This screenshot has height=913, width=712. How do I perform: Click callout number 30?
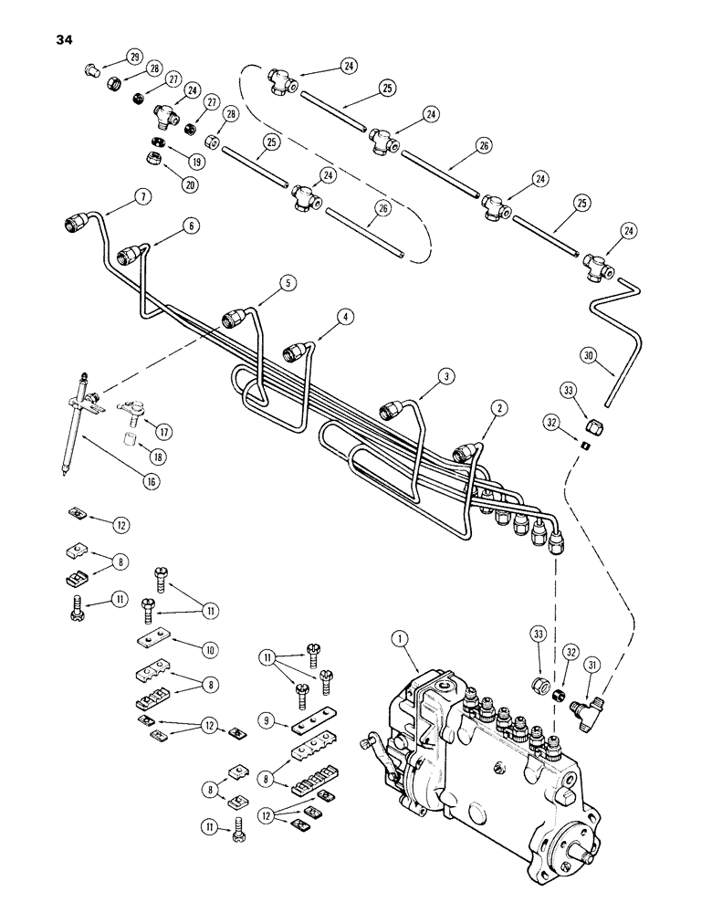pos(588,354)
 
